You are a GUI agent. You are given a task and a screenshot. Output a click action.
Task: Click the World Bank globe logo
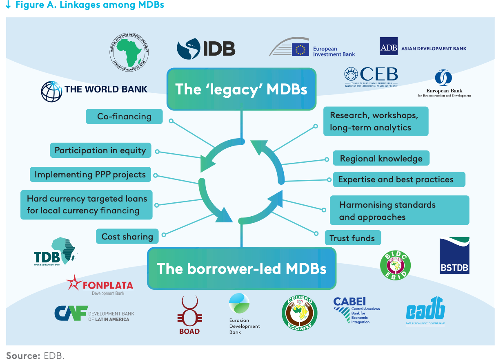click(51, 91)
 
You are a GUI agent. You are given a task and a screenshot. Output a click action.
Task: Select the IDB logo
click(206, 49)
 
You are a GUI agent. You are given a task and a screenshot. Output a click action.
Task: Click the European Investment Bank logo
click(312, 49)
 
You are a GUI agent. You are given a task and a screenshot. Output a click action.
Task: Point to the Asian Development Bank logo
click(423, 47)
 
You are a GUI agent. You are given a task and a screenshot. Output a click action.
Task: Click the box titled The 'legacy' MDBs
click(241, 89)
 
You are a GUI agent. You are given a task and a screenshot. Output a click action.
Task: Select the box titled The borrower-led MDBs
click(242, 269)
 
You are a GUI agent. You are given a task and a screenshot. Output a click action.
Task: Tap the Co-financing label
click(124, 117)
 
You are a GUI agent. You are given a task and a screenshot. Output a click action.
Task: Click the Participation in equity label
click(100, 150)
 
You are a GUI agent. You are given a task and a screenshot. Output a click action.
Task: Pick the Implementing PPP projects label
click(90, 175)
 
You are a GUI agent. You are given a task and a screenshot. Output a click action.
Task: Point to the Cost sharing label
click(127, 236)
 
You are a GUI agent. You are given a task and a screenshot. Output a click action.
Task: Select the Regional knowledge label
click(381, 159)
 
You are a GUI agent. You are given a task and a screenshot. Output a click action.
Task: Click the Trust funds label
click(352, 238)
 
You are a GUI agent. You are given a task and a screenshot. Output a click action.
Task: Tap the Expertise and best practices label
click(396, 179)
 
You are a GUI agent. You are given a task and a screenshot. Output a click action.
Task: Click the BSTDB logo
click(454, 255)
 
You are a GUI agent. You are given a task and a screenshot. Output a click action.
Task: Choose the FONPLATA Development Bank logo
click(100, 285)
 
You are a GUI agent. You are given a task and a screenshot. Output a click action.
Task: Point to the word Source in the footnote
click(22, 355)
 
